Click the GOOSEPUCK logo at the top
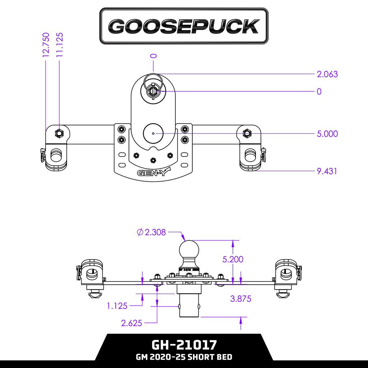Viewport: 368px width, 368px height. click(184, 26)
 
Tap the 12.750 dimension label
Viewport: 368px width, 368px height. click(46, 45)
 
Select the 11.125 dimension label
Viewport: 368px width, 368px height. click(60, 45)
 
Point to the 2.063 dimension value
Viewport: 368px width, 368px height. click(327, 74)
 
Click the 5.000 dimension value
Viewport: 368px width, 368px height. click(327, 134)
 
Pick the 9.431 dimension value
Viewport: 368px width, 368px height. click(327, 171)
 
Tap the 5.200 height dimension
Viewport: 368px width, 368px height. click(233, 259)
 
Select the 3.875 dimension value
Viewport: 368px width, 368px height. click(240, 299)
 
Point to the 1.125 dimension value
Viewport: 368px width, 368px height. click(117, 306)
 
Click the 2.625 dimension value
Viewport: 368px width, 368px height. click(132, 323)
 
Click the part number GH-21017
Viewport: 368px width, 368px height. click(184, 345)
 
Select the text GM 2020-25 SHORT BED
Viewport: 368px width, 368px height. click(184, 357)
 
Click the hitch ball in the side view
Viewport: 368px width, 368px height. click(189, 249)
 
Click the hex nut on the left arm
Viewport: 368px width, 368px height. click(59, 134)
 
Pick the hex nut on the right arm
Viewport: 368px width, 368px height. click(247, 133)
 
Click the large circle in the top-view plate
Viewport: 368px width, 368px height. click(153, 133)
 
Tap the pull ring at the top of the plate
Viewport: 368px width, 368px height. click(153, 80)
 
